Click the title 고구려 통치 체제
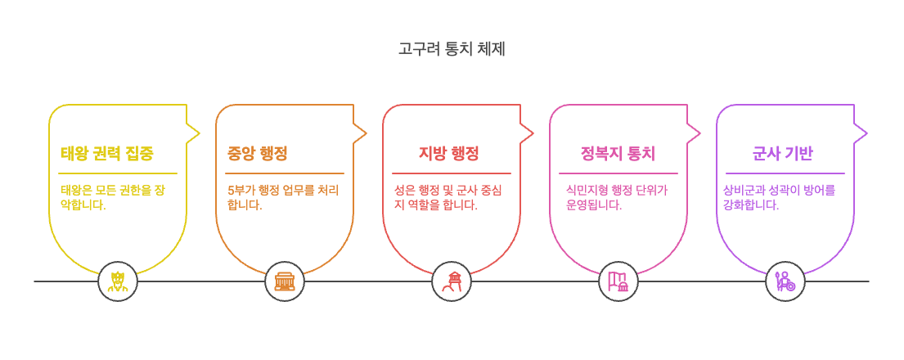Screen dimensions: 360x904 tap(452, 49)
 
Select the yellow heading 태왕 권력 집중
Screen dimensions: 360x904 tap(107, 154)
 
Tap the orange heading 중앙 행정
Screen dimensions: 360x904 tap(258, 154)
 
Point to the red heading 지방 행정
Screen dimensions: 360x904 tap(448, 154)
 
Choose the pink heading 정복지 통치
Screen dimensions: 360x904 tap(618, 154)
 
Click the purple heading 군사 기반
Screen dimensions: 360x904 tap(782, 154)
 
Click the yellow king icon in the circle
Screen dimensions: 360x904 tap(118, 281)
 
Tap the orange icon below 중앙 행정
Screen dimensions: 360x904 tap(285, 281)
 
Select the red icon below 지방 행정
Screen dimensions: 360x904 tap(452, 281)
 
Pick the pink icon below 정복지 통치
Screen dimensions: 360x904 tap(618, 281)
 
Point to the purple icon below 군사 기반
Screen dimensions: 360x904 tap(785, 281)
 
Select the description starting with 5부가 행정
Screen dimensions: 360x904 tap(283, 197)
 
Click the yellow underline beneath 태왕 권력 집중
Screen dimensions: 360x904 tap(118, 173)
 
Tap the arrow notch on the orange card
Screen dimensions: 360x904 tap(361, 133)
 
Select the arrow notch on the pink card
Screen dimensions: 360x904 tap(695, 133)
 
